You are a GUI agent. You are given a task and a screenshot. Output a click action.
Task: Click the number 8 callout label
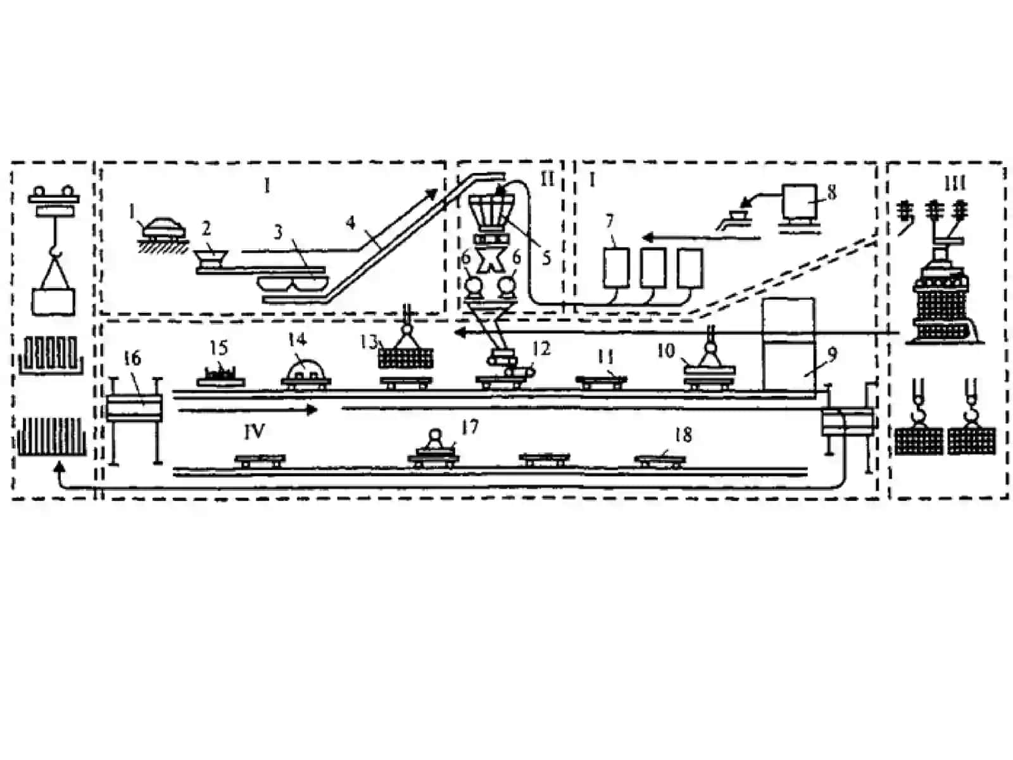[831, 193]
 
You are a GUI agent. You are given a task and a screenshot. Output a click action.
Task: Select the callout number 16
[133, 358]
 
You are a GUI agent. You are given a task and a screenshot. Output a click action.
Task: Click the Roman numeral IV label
[255, 431]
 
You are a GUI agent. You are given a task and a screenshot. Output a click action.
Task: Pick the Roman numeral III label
[954, 184]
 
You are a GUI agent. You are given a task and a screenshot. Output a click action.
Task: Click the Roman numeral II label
[547, 179]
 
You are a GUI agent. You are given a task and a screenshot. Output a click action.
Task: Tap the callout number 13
[368, 342]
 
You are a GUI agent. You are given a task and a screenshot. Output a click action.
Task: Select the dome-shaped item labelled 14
[306, 370]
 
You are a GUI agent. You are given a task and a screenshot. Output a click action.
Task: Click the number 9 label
[832, 354]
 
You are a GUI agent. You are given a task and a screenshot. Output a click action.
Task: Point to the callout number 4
[351, 223]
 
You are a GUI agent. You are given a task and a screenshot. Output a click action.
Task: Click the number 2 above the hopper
[206, 227]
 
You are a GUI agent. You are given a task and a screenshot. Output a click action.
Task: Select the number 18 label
[684, 434]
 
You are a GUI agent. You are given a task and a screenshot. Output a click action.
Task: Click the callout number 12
[542, 349]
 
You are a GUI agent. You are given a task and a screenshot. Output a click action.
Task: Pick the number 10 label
[667, 351]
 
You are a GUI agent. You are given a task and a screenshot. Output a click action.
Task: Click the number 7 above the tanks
[610, 222]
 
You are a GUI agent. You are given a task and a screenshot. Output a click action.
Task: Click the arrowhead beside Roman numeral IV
[312, 409]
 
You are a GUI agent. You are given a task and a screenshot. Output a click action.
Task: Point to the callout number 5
[546, 258]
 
